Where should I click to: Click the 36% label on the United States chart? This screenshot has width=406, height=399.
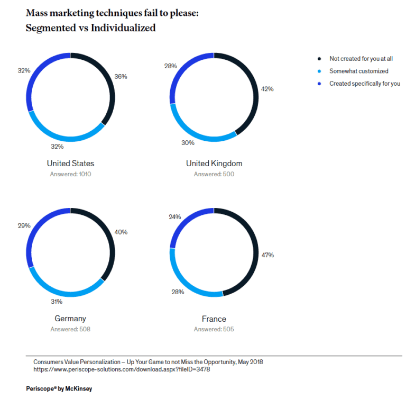tap(121, 76)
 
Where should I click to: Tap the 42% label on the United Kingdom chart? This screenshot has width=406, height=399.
tap(267, 89)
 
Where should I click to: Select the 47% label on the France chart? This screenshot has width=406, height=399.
tap(267, 255)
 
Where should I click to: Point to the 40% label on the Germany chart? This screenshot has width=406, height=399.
tap(121, 232)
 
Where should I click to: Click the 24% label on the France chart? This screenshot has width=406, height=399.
tap(175, 216)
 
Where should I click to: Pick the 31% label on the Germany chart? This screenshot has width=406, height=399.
tap(57, 302)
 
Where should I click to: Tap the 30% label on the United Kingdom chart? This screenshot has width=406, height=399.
tap(188, 142)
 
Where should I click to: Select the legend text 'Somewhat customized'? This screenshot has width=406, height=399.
tap(359, 71)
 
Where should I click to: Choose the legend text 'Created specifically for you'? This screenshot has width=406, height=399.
tap(365, 84)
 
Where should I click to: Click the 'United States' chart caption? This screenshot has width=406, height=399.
tap(70, 164)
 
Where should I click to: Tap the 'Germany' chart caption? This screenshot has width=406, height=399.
tap(70, 319)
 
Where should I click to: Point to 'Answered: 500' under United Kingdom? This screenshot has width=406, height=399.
tap(214, 174)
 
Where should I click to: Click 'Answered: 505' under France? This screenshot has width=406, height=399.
tap(214, 329)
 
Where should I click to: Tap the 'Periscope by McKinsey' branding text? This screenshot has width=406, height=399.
tap(59, 388)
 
